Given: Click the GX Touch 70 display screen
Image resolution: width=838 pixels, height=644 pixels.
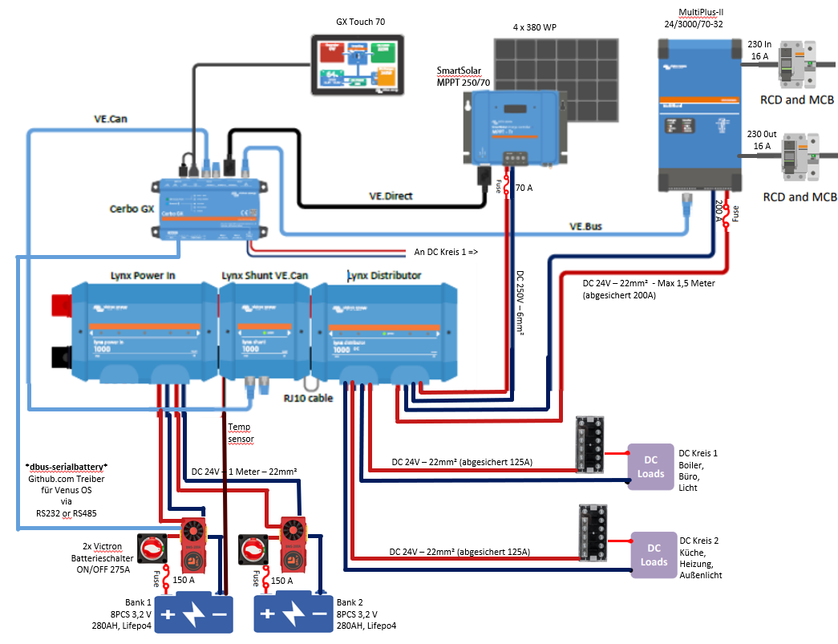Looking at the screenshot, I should point(356,65).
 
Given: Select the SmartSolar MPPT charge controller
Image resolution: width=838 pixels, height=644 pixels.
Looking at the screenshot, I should point(514,124).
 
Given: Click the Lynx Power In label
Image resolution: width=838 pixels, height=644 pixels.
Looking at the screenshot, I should point(144,276).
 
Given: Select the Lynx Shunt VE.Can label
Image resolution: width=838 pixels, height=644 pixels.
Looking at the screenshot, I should point(265,276).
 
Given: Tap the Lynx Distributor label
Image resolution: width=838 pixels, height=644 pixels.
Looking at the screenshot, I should point(384,276).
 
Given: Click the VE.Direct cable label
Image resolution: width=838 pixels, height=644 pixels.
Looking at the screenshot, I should point(391,195).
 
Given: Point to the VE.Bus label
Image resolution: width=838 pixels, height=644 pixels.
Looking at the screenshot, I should point(589,227).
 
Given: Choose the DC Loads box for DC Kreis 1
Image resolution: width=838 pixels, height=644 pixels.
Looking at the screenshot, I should point(651,466).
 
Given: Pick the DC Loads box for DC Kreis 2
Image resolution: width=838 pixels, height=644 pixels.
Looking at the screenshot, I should point(654,554).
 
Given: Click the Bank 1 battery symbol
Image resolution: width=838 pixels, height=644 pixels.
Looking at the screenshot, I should point(193,616).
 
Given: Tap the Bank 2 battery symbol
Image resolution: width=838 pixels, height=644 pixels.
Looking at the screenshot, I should point(293,616).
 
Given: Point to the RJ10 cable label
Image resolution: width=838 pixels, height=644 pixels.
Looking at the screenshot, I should point(309,397).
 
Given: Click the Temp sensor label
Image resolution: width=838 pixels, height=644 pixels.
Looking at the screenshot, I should point(240,434).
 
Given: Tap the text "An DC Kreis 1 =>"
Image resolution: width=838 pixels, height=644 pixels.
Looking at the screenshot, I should point(446,251).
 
